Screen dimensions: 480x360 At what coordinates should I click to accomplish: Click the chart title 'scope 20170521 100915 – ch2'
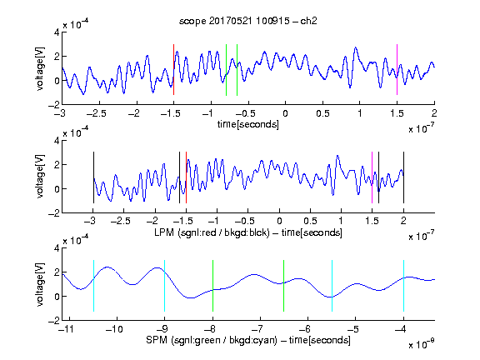(x=248, y=21)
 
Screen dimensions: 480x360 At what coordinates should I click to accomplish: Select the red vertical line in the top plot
(x=173, y=69)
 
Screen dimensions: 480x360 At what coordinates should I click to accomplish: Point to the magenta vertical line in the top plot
(x=397, y=69)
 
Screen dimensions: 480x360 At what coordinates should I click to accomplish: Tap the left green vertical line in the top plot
(x=226, y=70)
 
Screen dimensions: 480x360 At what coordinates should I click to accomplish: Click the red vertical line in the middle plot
(x=186, y=177)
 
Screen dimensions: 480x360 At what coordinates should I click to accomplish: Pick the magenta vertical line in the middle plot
(x=372, y=177)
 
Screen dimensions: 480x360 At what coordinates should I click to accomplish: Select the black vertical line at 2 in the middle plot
(x=403, y=177)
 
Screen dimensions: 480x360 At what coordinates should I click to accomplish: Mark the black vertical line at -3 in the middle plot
(x=93, y=177)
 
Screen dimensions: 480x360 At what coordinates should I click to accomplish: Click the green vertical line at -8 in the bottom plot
(x=212, y=286)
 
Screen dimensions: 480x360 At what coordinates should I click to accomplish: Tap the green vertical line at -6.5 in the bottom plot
(x=284, y=286)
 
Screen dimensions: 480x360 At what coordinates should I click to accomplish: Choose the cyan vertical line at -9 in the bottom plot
(x=164, y=286)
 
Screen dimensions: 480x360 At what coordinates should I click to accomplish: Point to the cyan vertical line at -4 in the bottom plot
(x=403, y=286)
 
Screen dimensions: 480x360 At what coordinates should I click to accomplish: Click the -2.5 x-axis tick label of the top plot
(x=97, y=113)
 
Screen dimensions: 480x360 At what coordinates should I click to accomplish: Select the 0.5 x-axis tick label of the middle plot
(x=310, y=221)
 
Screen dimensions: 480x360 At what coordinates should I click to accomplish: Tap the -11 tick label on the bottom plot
(x=66, y=329)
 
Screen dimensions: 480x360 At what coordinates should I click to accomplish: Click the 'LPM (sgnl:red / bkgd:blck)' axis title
(x=212, y=232)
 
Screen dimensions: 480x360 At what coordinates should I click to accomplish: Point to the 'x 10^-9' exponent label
(x=422, y=343)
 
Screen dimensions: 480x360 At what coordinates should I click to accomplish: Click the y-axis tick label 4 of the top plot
(x=57, y=32)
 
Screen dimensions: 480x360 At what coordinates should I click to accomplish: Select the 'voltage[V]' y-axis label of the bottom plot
(x=40, y=284)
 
